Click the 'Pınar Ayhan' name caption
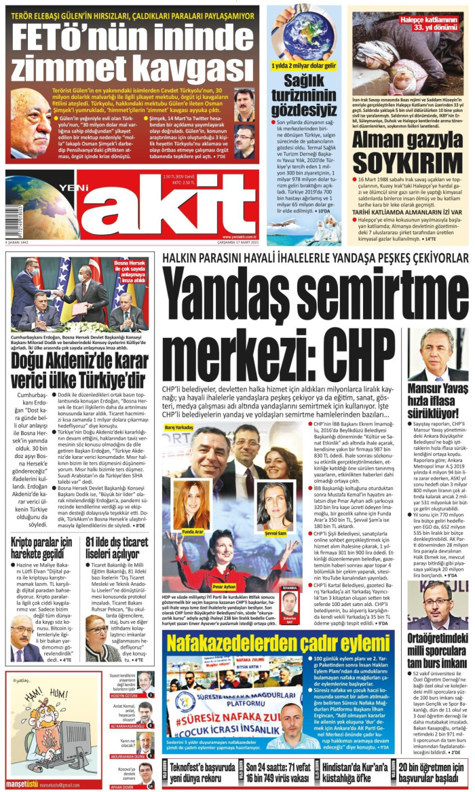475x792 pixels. click(x=223, y=587)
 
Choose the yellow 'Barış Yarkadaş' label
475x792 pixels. click(x=179, y=428)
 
